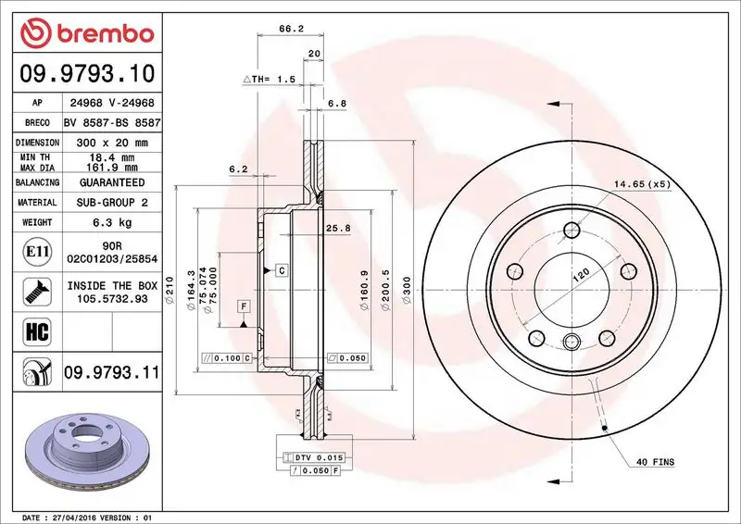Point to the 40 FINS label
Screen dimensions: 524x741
[x=655, y=461]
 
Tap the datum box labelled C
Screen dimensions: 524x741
[x=280, y=269]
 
